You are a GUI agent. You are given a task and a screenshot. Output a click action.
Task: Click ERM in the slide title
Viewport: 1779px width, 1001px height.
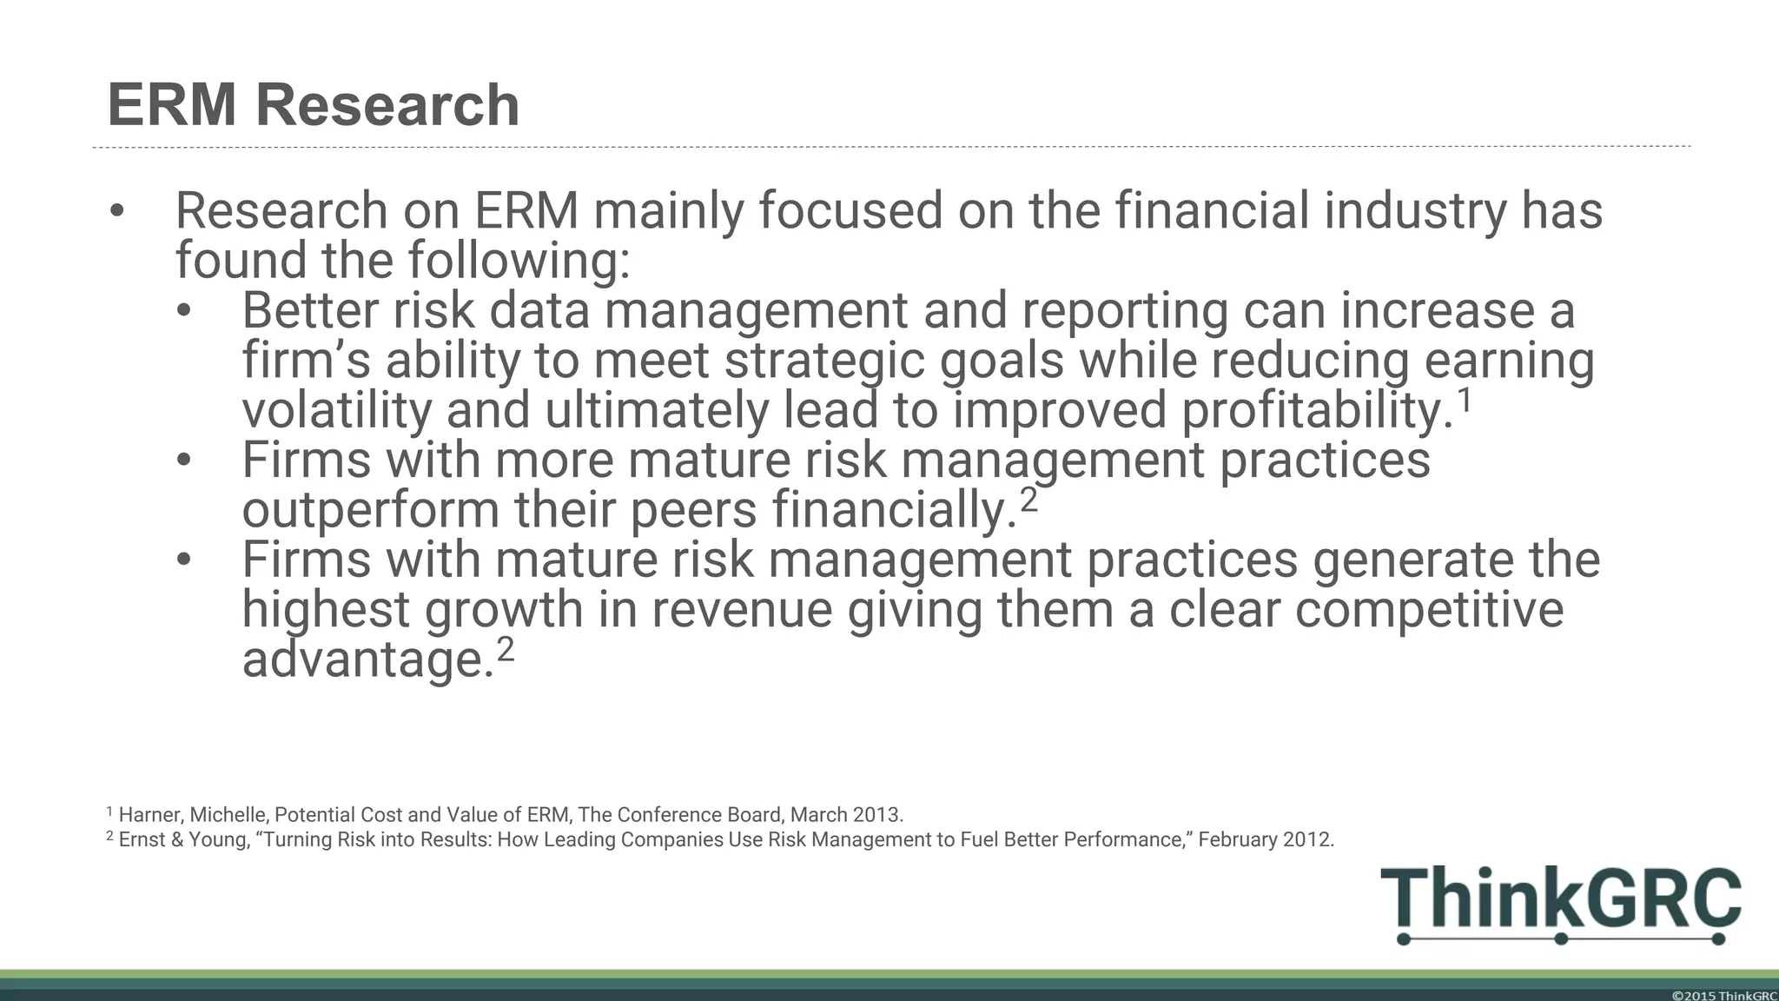click(x=171, y=105)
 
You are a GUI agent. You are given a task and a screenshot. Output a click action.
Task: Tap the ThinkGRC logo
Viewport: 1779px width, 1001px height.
click(x=1560, y=904)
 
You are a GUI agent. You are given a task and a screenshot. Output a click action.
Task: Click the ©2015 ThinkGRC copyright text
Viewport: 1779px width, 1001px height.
click(x=1723, y=996)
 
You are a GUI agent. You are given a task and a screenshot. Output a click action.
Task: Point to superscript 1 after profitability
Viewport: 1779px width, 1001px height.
click(x=1465, y=401)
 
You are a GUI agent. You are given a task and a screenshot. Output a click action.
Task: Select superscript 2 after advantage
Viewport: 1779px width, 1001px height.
click(x=505, y=649)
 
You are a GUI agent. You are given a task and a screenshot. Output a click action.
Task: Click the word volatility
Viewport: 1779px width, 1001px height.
click(x=336, y=410)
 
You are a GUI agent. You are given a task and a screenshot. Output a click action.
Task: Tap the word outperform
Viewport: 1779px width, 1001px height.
click(x=370, y=510)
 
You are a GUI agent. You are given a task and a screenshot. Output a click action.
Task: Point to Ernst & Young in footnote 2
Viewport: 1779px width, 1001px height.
click(x=183, y=839)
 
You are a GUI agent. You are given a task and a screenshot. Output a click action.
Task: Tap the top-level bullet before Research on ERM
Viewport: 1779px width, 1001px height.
click(x=117, y=211)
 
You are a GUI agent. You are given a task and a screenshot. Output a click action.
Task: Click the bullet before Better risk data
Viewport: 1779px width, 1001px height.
click(x=183, y=311)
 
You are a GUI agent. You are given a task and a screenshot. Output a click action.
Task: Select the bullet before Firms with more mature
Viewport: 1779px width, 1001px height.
click(x=183, y=461)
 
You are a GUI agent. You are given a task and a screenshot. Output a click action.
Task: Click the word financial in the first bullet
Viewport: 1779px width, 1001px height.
click(x=1212, y=211)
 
